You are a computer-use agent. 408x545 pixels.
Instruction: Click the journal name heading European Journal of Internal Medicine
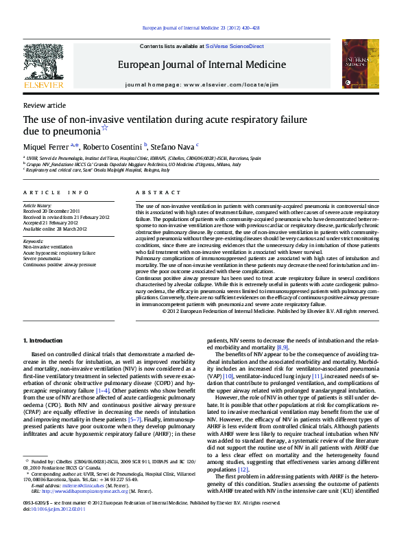[202, 65]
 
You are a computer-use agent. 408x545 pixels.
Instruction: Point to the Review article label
[45, 106]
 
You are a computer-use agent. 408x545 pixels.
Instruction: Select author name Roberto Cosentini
[115, 146]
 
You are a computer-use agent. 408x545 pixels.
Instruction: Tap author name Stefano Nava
[173, 146]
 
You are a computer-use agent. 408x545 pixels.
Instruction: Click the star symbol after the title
[104, 128]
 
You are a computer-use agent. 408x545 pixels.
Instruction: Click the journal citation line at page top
[200, 27]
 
